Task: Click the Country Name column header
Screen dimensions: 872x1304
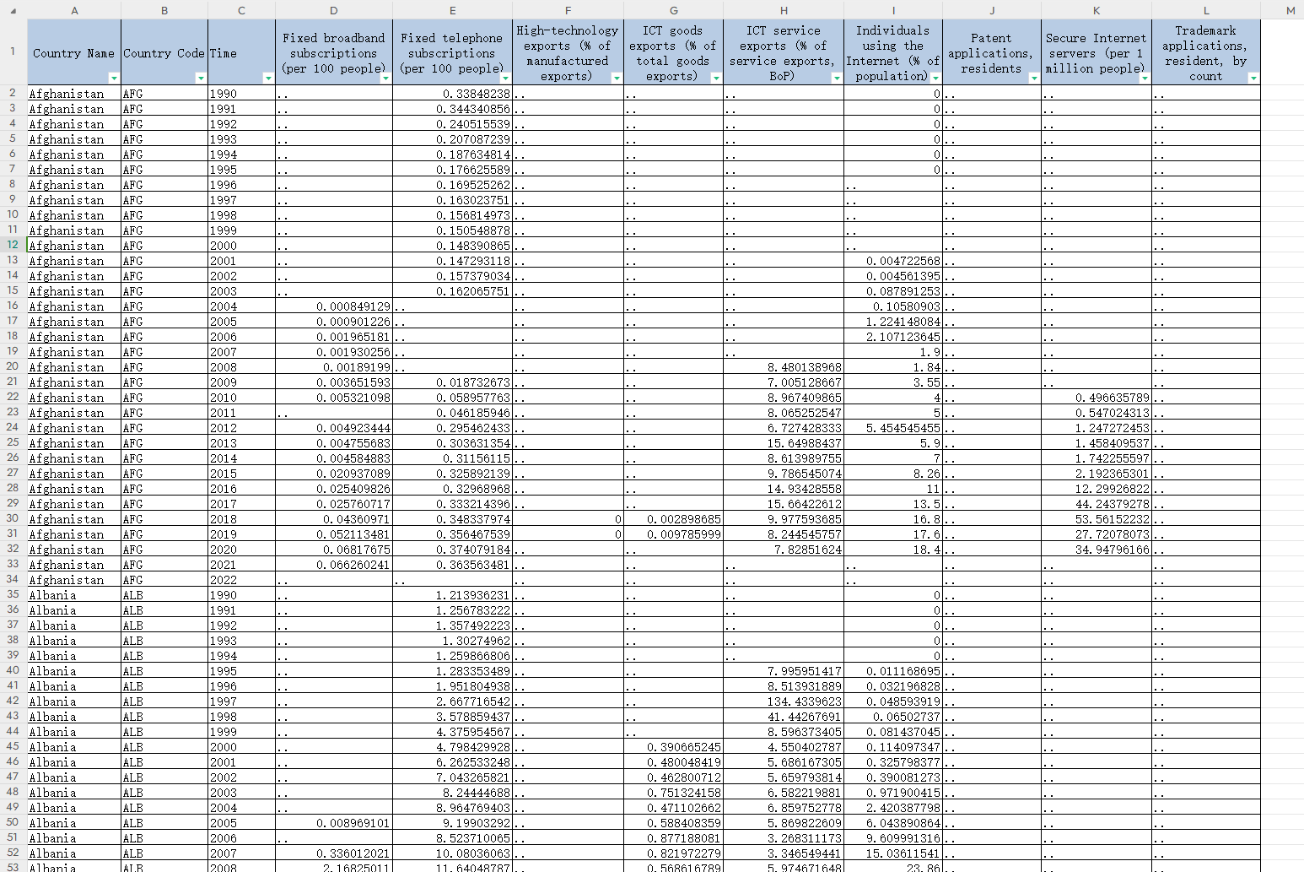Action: pos(73,53)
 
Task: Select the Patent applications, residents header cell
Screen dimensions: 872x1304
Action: pos(991,53)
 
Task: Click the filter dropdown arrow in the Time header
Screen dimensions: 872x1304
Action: pos(267,78)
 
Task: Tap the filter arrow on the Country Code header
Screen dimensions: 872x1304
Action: pos(200,78)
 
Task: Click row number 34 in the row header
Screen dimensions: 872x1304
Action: pos(13,580)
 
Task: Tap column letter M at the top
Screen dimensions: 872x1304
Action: pos(1290,10)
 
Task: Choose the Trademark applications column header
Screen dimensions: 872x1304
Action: pos(1205,53)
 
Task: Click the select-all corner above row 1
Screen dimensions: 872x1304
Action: pos(13,10)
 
